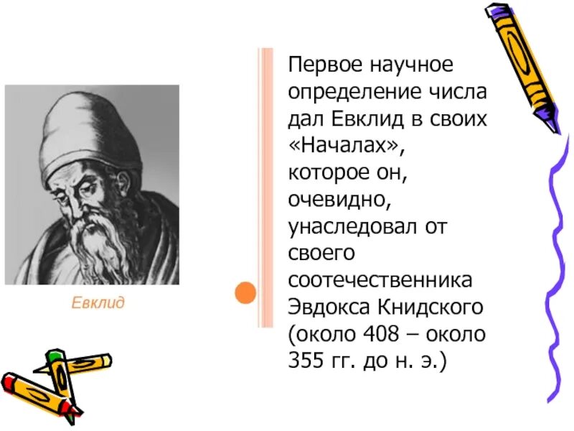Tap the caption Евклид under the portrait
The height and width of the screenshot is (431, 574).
pyautogui.click(x=98, y=302)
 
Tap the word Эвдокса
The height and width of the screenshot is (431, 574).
pyautogui.click(x=327, y=307)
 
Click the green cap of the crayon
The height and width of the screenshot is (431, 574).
pyautogui.click(x=55, y=356)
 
